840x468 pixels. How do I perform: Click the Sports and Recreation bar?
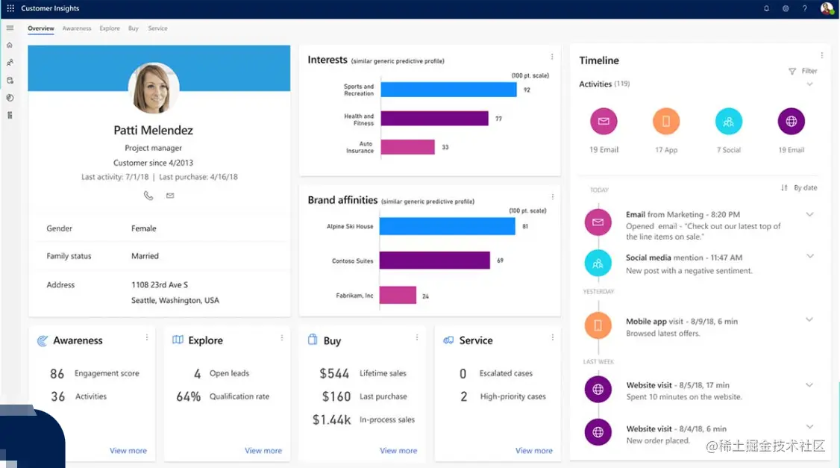[x=448, y=90]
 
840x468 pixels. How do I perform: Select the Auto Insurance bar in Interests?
[x=407, y=147]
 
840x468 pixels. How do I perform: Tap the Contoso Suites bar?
[x=434, y=260]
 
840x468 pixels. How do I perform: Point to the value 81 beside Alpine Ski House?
[x=525, y=226]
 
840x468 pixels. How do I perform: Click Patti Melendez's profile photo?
[x=154, y=88]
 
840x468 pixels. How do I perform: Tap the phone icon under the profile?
[x=148, y=196]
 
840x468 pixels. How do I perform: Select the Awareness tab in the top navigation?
[x=77, y=28]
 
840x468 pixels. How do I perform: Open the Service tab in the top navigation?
[x=157, y=28]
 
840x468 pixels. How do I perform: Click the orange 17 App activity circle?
[x=666, y=121]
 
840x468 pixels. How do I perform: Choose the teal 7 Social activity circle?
[x=729, y=121]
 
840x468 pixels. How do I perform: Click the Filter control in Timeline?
[x=803, y=71]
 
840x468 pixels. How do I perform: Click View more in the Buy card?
[x=398, y=451]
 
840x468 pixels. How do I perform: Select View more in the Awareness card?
[x=128, y=451]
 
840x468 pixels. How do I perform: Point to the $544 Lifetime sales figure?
[x=334, y=373]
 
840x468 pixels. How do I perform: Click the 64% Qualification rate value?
[x=189, y=396]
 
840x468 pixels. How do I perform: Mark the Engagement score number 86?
[x=57, y=373]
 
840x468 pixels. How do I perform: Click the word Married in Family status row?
[x=145, y=256]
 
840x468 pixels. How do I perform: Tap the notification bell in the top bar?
[x=766, y=9]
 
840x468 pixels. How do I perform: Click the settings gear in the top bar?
[x=786, y=9]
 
